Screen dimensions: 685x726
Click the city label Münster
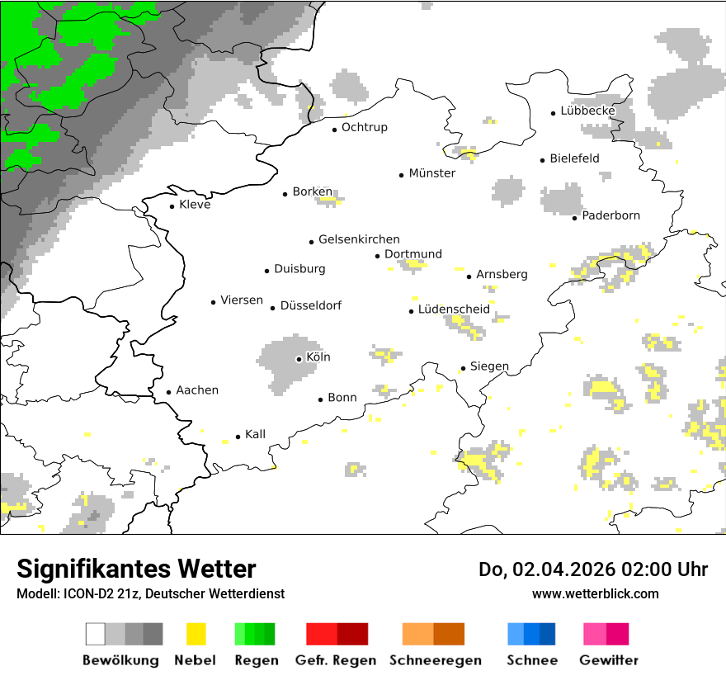(431, 173)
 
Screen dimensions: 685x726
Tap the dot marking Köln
(299, 359)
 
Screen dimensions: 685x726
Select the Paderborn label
(610, 216)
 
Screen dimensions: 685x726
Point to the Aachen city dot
(168, 392)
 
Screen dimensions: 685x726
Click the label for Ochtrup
(364, 128)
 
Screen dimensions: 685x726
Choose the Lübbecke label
(587, 111)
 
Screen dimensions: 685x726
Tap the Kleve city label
(195, 205)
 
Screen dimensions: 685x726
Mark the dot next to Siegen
(463, 368)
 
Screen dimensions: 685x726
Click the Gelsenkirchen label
(359, 239)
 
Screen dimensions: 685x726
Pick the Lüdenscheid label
(453, 309)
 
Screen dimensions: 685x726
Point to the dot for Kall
(238, 437)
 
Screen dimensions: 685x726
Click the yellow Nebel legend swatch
(196, 634)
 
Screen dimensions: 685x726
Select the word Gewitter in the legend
(608, 660)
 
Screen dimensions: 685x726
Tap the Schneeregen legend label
(435, 660)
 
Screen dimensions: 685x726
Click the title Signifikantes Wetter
(136, 569)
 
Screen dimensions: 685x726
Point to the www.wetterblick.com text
(595, 593)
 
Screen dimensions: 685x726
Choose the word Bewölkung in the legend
(120, 660)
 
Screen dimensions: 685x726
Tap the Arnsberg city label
(502, 274)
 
